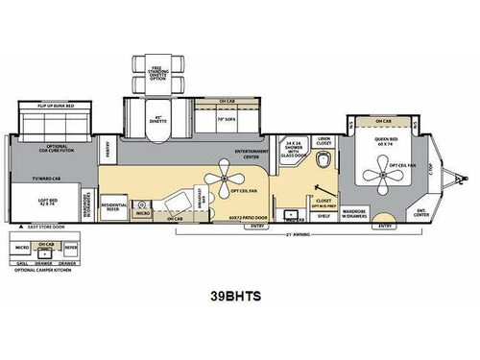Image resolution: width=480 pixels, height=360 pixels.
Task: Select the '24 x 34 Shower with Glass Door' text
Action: [x=291, y=154]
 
